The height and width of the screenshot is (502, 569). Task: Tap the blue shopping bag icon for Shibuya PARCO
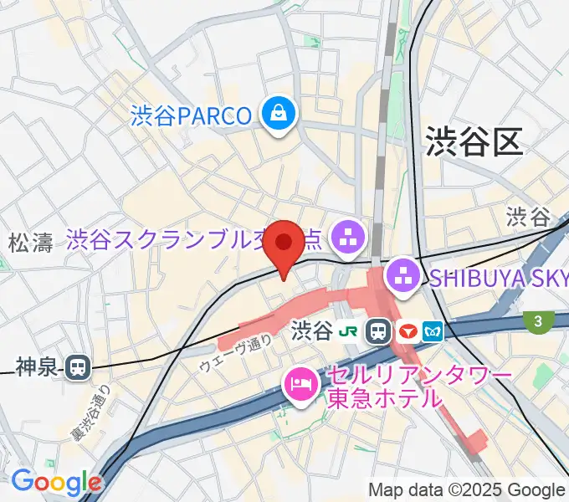click(x=277, y=114)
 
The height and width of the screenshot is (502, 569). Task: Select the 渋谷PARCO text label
click(x=191, y=115)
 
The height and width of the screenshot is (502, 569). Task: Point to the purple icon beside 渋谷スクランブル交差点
click(x=346, y=239)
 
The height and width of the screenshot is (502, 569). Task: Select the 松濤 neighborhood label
click(x=31, y=243)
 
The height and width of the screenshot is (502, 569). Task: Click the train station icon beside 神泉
click(x=79, y=366)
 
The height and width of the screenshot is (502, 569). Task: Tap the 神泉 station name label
click(x=38, y=366)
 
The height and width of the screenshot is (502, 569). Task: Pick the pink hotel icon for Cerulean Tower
click(x=299, y=385)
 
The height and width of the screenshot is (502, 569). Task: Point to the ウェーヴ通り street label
click(x=235, y=352)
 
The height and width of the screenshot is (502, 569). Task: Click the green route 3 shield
click(x=536, y=320)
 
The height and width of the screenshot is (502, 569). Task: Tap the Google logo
click(x=56, y=482)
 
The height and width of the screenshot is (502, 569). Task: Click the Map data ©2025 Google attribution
click(x=467, y=490)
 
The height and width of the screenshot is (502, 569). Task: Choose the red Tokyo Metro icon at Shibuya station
click(x=409, y=331)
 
